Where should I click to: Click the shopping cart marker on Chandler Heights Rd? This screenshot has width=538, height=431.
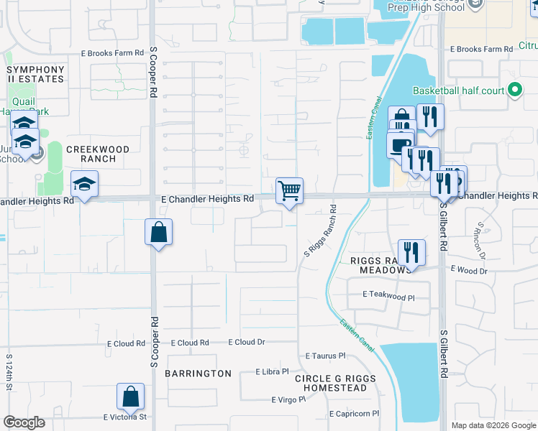[x=289, y=192]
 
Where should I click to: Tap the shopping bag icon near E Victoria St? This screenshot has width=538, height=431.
[x=130, y=397]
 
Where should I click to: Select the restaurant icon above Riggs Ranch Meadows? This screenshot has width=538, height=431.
[x=411, y=253]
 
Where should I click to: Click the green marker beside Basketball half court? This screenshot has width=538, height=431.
[x=514, y=91]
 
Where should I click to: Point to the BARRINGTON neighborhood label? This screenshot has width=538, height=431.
[x=198, y=374]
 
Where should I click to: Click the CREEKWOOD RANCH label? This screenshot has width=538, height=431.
[x=98, y=154]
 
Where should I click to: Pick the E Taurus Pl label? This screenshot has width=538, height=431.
[x=325, y=356]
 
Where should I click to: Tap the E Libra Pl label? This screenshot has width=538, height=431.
[x=272, y=372]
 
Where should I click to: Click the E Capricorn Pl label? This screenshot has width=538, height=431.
[x=354, y=414]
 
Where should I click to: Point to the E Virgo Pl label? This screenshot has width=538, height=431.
[x=288, y=400]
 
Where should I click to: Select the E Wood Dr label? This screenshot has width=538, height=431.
[x=469, y=270]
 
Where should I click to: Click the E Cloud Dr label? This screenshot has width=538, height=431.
[x=247, y=343]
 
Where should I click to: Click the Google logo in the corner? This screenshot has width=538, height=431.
[x=24, y=422]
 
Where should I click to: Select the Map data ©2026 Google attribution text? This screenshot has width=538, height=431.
[x=493, y=425]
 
